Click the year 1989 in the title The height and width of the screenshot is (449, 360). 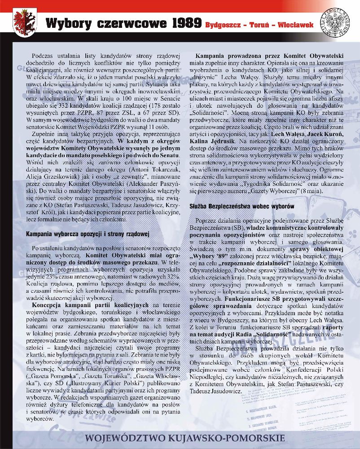[x=178, y=23]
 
